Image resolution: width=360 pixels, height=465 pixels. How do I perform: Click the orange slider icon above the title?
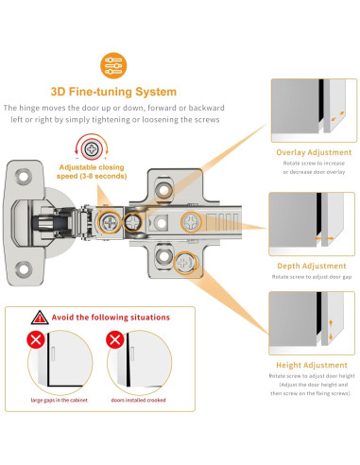point(113,65)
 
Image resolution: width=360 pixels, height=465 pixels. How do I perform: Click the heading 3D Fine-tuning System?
point(113,92)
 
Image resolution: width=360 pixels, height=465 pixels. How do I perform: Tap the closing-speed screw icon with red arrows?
point(92,148)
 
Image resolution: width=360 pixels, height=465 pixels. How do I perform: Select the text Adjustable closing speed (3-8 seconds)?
point(92,172)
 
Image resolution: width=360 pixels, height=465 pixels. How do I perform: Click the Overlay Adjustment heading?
point(314,152)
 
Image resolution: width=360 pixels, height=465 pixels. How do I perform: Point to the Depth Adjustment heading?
point(312,266)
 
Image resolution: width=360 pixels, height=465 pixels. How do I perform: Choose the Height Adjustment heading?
point(312,365)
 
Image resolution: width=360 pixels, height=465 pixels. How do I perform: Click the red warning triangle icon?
point(40,318)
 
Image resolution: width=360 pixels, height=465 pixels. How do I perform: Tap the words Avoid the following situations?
point(111,318)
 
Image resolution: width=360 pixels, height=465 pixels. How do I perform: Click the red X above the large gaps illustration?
point(36,339)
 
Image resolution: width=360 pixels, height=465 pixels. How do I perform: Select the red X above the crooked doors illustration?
point(114,339)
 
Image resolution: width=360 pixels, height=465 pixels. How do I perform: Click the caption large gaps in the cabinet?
point(59,400)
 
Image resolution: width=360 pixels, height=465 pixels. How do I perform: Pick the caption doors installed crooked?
point(138,400)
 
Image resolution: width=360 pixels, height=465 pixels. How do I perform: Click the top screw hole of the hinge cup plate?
point(24,176)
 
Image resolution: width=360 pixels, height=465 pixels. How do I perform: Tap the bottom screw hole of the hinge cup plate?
point(24,269)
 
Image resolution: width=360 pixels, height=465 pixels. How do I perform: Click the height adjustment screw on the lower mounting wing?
point(185,263)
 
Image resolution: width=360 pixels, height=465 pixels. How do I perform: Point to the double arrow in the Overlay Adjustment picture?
point(337,115)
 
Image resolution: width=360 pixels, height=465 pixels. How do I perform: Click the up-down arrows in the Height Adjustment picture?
point(331,330)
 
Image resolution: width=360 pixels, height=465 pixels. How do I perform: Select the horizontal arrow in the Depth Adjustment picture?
point(324,238)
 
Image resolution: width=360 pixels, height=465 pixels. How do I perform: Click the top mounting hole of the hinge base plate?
point(163,190)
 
